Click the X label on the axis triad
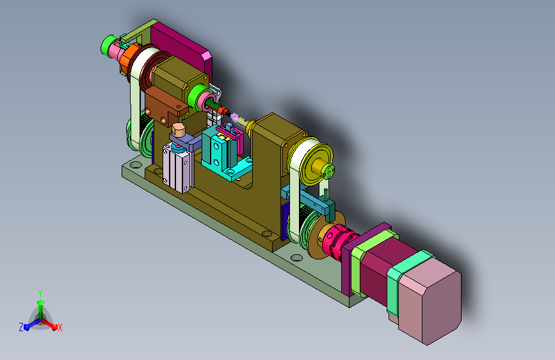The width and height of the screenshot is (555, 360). pos(60,327)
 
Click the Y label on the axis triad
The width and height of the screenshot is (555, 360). pos(40,293)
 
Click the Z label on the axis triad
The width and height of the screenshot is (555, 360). pos(21,327)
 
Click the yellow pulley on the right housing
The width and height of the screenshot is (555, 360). pos(316,164)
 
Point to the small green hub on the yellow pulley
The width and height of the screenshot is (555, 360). pos(328,170)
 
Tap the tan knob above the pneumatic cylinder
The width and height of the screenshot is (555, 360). pos(179,129)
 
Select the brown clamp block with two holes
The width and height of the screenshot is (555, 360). pos(165,105)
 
